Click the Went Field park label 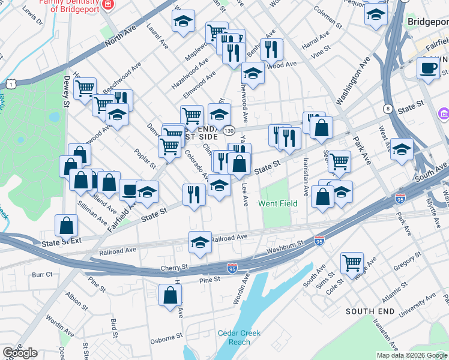pyautogui.click(x=278, y=203)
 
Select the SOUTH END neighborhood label pyautogui.click(x=370, y=311)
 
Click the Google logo pyautogui.click(x=20, y=353)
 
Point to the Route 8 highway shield pyautogui.click(x=389, y=109)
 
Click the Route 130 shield pyautogui.click(x=229, y=130)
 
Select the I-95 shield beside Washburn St pyautogui.click(x=319, y=241)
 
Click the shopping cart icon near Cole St pyautogui.click(x=352, y=262)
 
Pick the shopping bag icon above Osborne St pyautogui.click(x=170, y=295)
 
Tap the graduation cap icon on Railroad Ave pyautogui.click(x=200, y=242)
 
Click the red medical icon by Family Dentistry pyautogui.click(x=107, y=4)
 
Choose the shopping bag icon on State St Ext pyautogui.click(x=66, y=226)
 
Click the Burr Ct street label pyautogui.click(x=43, y=274)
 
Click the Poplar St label pyautogui.click(x=145, y=158)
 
